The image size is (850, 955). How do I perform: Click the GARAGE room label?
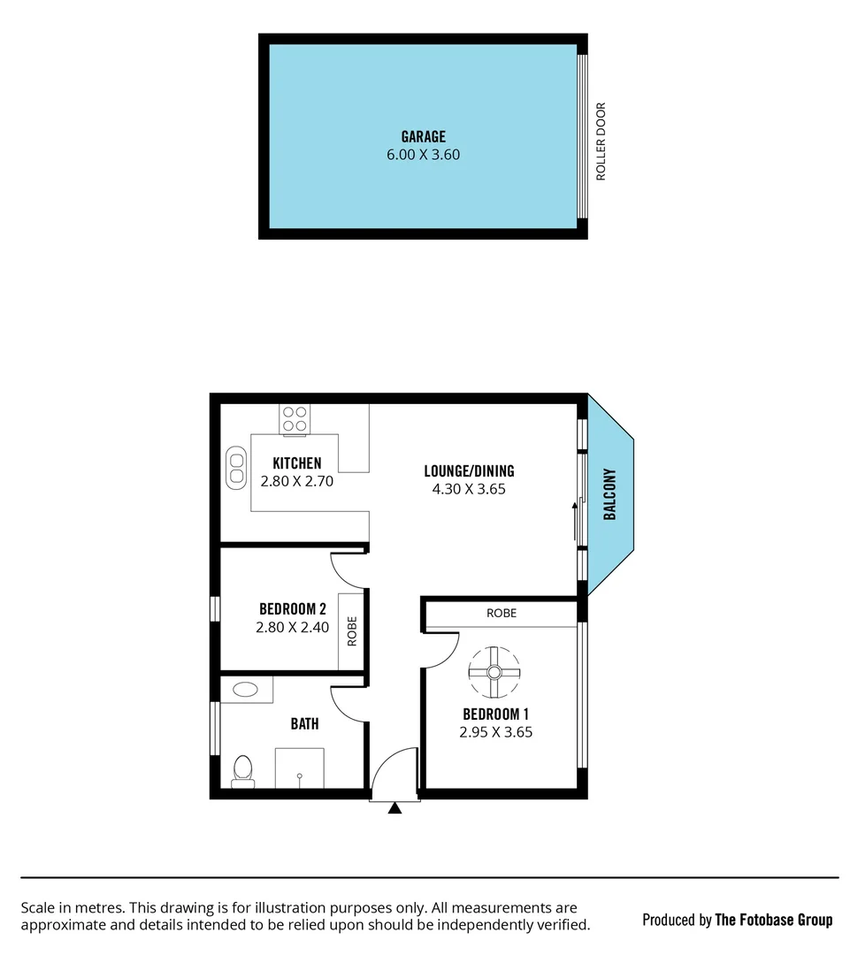pos(423,137)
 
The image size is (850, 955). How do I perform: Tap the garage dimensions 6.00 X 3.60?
pos(423,155)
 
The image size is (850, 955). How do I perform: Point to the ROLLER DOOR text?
pos(601,141)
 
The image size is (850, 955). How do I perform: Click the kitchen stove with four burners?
pos(295,418)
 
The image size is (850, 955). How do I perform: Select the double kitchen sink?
pos(236,466)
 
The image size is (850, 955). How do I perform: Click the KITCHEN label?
pos(296,463)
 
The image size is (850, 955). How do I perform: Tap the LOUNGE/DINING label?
pos(469,471)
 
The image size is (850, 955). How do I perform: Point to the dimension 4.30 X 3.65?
pos(469,489)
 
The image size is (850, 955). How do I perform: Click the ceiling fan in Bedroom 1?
pos(494,672)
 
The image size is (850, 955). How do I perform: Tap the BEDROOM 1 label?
pos(495,714)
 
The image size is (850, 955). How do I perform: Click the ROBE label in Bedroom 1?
pos(502,613)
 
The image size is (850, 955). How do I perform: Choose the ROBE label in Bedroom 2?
pos(352,631)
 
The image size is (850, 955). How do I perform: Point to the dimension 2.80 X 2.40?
pos(292,627)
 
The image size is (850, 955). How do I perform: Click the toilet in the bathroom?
pos(242,771)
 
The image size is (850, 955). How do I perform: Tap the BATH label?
pos(304,724)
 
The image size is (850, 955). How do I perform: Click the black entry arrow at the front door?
pos(394,806)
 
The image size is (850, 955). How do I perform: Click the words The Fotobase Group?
pos(773,920)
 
